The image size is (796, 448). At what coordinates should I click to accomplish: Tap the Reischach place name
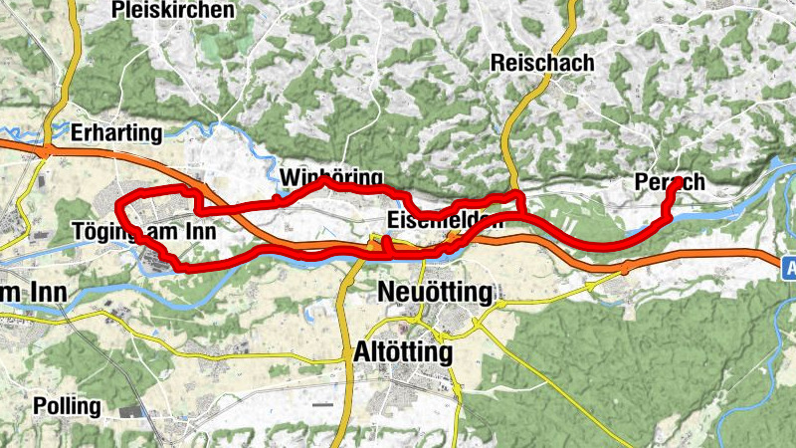coord(542,62)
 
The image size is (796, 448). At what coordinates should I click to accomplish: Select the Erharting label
coord(116,132)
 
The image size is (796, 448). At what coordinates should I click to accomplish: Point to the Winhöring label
coord(331,178)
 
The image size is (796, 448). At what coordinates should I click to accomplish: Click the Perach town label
coord(670,182)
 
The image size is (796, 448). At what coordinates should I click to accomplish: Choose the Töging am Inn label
coord(144,232)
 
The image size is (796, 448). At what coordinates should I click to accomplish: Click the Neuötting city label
coord(437,293)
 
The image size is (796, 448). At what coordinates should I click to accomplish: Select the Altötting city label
coord(403,352)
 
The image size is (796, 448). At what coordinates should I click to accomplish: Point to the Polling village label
coord(67,406)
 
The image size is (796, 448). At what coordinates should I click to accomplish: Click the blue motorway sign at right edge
coord(789,267)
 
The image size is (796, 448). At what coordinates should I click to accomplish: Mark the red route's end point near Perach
coord(678,182)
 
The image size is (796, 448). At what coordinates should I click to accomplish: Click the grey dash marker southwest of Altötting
coord(321,405)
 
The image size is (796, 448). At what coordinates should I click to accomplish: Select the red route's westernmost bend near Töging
coord(119,207)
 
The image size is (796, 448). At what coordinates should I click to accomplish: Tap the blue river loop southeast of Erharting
coord(214,129)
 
